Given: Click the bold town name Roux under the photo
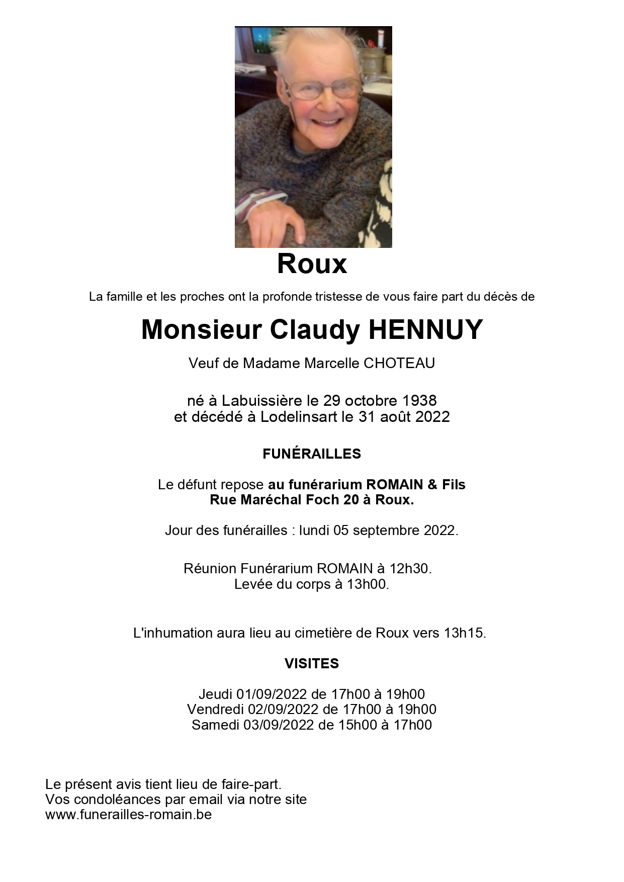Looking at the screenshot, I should tap(312, 264).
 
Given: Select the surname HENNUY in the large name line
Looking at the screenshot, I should tap(425, 330).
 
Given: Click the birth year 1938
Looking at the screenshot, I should tap(419, 401).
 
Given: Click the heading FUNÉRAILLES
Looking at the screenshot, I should tap(312, 454).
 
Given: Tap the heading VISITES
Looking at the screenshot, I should tap(312, 664).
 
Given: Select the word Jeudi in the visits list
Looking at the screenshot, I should tap(215, 694).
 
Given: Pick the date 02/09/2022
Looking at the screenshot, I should tap(283, 710).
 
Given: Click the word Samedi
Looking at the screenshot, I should tap(215, 725).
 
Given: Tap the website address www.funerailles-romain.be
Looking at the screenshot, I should tap(128, 815).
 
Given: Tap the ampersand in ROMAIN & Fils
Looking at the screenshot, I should tap(432, 485).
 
